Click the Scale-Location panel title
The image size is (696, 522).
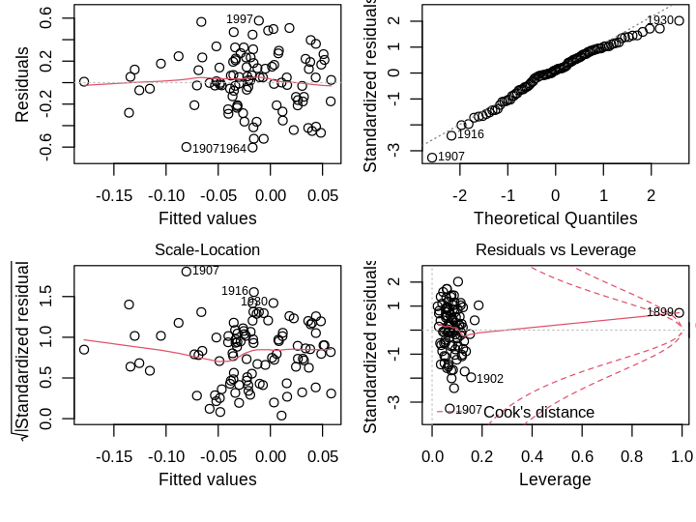coord(207,249)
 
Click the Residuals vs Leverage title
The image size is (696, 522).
coord(555,249)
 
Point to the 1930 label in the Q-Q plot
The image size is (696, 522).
coord(660,20)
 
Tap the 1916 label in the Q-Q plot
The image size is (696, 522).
coord(470,134)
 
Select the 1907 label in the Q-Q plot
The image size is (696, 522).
coord(451,157)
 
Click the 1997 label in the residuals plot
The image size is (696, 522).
coord(240,19)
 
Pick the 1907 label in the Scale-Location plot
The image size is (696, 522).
coord(206,271)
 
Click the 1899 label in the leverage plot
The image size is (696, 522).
coord(660,312)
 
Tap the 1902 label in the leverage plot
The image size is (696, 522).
coord(490,379)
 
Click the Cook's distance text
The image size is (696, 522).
coord(538,413)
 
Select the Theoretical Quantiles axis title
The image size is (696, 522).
coord(555,218)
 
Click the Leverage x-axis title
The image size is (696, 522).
coord(555,479)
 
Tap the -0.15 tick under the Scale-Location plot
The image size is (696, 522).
coord(114,454)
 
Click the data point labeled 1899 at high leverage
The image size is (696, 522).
coord(680,312)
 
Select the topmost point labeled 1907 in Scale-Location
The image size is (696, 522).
coord(187,272)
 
